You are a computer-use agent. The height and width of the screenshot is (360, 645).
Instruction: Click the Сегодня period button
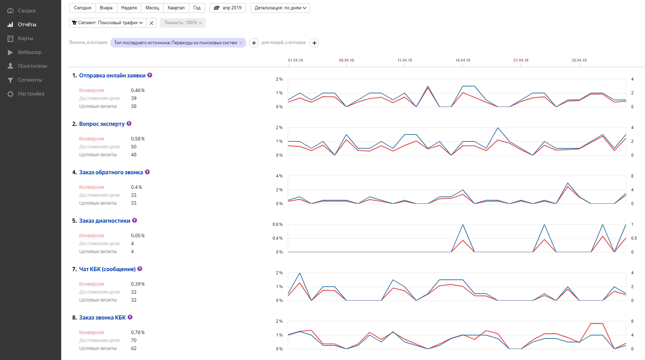(83, 8)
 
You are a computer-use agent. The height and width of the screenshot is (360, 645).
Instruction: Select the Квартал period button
(176, 8)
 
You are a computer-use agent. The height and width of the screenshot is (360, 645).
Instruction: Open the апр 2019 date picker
(228, 8)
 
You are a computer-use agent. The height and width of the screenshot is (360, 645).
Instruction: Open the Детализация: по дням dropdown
(280, 8)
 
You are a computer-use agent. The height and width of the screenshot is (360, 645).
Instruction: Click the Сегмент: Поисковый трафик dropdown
(108, 23)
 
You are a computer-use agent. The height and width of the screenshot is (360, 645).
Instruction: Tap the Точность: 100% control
(183, 23)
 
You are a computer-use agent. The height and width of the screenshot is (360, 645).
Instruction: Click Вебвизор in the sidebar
(30, 52)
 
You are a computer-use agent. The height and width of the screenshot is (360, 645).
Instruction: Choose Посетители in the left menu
(32, 66)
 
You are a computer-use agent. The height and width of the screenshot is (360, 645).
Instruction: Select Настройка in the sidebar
(31, 94)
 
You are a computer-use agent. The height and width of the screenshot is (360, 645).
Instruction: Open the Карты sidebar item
(25, 38)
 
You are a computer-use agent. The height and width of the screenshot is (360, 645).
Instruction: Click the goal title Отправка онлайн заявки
(112, 75)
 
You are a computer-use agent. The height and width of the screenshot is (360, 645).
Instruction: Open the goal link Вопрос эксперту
(102, 124)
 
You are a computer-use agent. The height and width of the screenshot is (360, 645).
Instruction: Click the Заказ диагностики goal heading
(105, 221)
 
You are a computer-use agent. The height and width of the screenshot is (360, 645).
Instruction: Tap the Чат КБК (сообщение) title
(107, 269)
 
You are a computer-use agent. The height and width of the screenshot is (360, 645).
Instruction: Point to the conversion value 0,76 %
(138, 332)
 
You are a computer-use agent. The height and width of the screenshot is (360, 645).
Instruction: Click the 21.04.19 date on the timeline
(521, 60)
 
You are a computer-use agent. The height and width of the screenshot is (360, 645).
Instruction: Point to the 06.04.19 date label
(347, 60)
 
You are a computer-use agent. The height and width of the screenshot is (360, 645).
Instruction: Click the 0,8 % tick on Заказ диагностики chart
(277, 224)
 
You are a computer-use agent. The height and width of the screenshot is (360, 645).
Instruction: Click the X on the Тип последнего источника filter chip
(241, 43)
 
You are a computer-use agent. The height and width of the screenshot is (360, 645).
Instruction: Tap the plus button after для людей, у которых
(314, 43)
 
